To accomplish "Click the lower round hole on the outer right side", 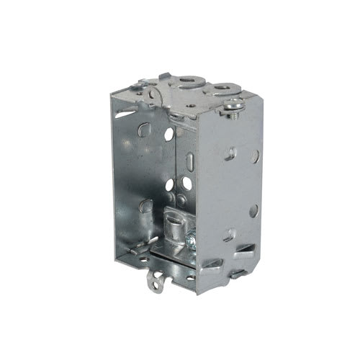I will [x=253, y=210].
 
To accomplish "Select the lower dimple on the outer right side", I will [x=229, y=234].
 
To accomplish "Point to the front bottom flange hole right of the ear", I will [x=190, y=276].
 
